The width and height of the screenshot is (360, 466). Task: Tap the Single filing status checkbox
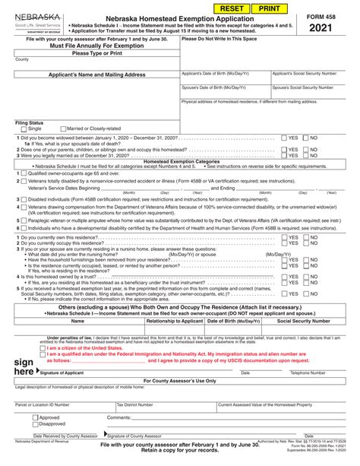[x=22, y=128]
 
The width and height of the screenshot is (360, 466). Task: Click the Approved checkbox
[x=35, y=417]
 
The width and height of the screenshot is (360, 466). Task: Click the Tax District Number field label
[x=138, y=405]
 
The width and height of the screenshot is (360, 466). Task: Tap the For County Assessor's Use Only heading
[x=180, y=380]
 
